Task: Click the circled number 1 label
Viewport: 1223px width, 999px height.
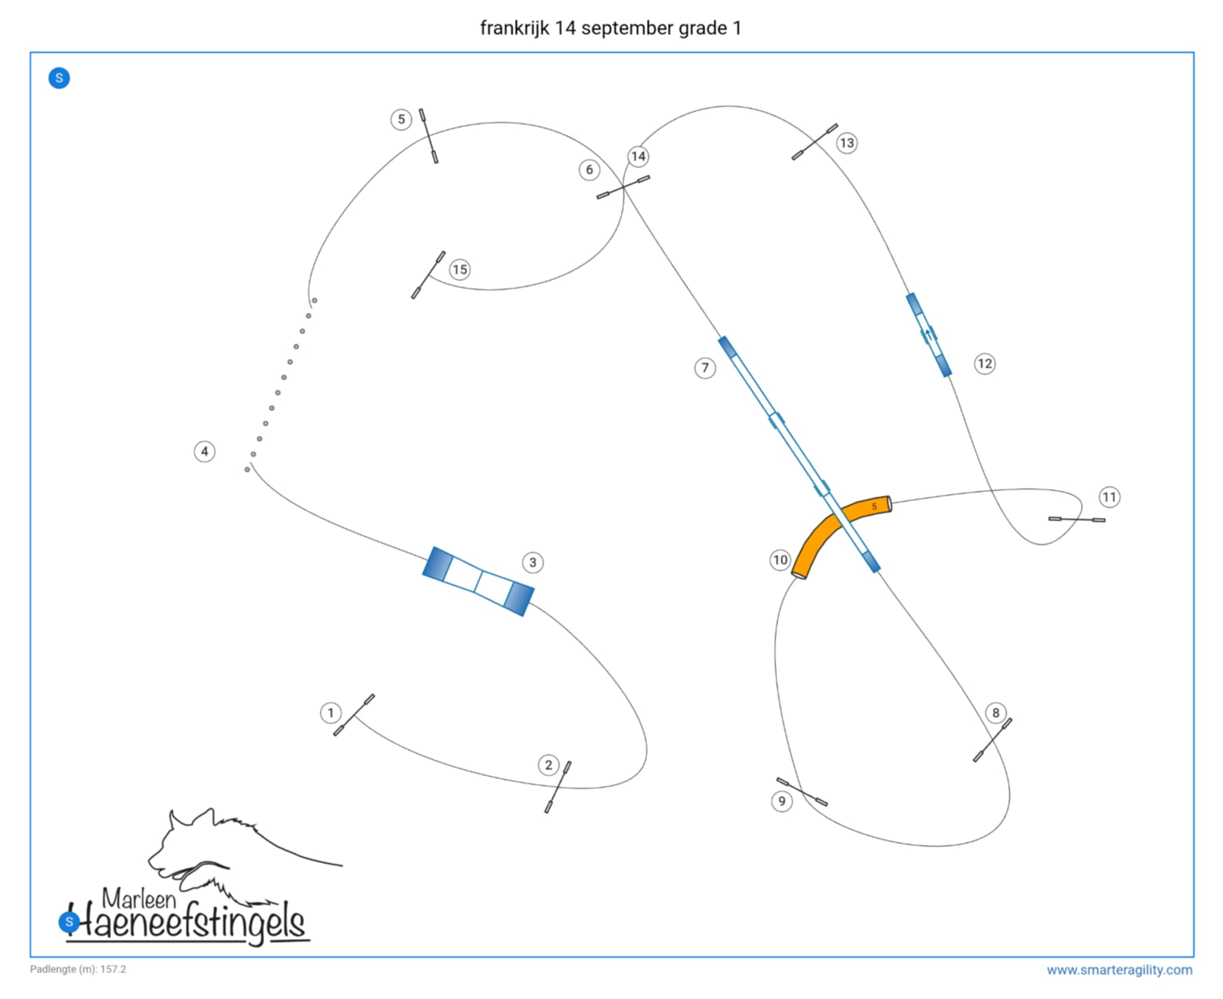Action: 331,712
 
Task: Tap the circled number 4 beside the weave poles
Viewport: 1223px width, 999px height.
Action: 205,451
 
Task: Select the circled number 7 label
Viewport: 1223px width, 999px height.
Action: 705,368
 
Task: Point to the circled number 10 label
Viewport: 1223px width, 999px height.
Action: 780,560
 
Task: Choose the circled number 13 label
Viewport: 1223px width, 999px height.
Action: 847,143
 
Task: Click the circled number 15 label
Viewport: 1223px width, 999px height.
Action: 460,270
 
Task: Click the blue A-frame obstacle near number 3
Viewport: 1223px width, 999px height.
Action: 478,581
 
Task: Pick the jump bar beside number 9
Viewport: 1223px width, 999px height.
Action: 802,792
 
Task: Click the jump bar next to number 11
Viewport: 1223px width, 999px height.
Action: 1077,520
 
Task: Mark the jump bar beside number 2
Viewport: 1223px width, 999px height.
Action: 558,787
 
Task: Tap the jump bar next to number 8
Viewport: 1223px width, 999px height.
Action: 992,740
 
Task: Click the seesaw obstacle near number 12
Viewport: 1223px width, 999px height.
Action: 929,334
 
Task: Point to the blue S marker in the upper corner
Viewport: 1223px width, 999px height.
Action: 59,78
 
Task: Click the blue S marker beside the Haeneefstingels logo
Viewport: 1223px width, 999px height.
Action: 69,921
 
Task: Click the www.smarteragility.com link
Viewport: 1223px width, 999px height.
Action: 1119,970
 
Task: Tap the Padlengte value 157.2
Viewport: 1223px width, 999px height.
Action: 113,969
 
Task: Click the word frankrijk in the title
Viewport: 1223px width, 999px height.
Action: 514,28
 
